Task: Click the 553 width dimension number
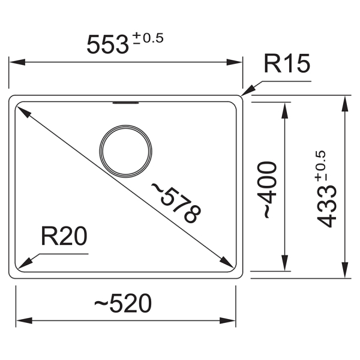click(x=107, y=44)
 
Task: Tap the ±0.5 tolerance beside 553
click(x=148, y=38)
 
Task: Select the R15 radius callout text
click(x=287, y=64)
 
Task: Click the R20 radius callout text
click(x=64, y=236)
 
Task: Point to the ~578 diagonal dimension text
click(x=176, y=203)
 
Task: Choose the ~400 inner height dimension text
click(x=267, y=190)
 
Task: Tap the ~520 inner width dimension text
click(x=123, y=303)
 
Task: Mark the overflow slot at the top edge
click(x=125, y=103)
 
